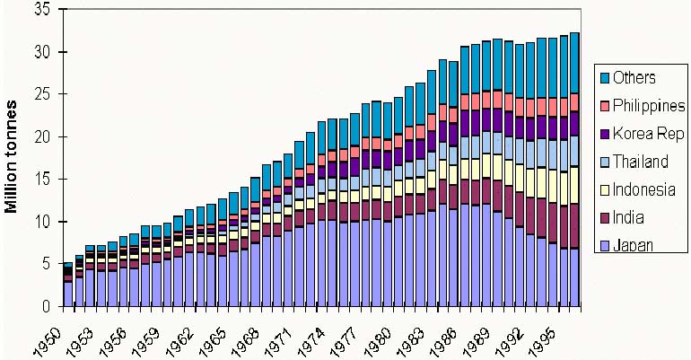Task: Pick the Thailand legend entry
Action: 636,162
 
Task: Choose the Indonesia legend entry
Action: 639,189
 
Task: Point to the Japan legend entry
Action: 631,245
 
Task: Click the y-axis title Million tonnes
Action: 13,157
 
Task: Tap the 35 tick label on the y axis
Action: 41,10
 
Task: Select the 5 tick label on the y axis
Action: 46,264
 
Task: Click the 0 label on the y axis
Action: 46,306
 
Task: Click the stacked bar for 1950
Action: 68,285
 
